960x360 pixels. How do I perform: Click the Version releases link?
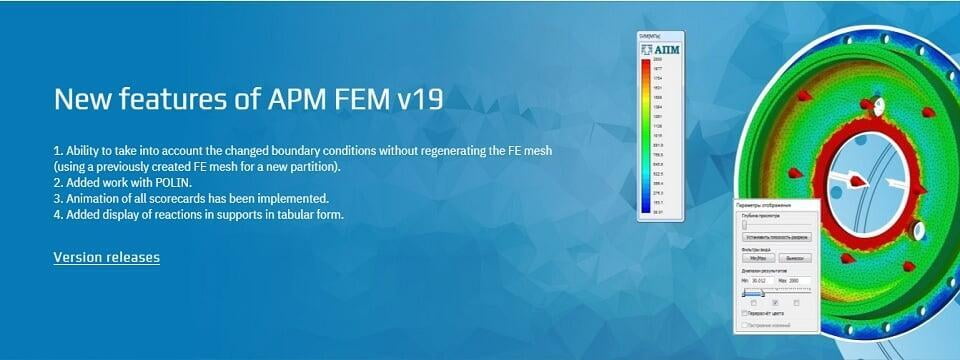tap(106, 258)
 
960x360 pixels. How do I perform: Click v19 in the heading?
tap(417, 99)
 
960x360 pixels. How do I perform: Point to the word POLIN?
tap(159, 182)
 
